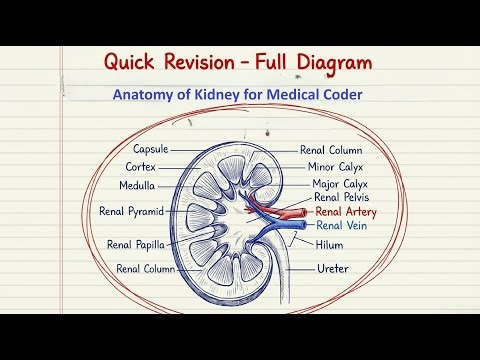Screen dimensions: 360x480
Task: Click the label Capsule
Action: tap(148, 148)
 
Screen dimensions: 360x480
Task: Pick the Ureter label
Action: tap(333, 268)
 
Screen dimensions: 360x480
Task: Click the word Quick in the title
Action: tap(133, 62)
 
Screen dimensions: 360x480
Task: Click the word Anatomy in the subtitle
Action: tap(145, 97)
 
